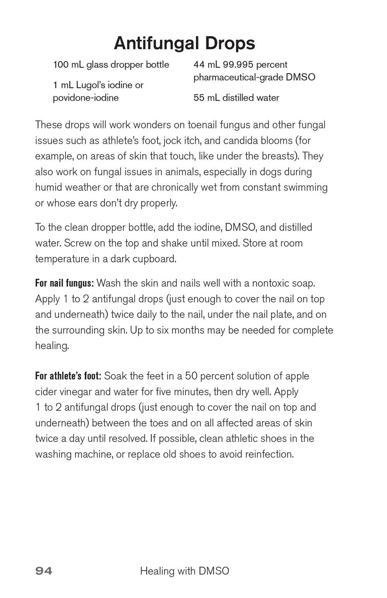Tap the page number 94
(44, 571)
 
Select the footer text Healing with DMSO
(185, 571)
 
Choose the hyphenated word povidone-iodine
(86, 97)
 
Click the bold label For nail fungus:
(64, 283)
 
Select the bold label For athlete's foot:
(68, 376)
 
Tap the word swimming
(305, 187)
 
